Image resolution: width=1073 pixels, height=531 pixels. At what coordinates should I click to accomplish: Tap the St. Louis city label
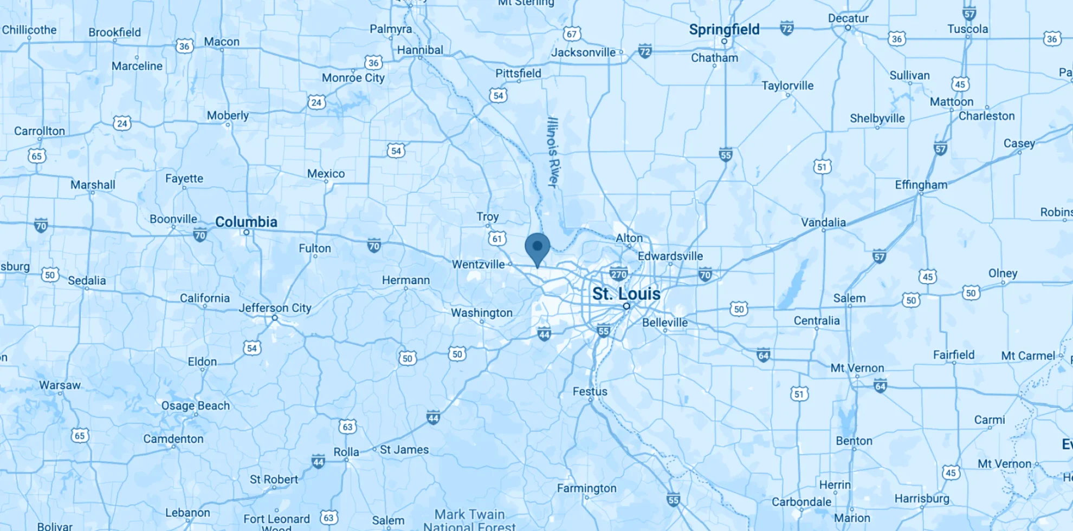(626, 294)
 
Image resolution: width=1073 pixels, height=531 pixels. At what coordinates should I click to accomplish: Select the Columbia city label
(246, 222)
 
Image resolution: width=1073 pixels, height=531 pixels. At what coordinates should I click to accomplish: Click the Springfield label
(724, 29)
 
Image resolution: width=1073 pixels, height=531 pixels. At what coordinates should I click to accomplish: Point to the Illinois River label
(552, 153)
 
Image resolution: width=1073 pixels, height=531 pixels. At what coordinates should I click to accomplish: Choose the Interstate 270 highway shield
(618, 274)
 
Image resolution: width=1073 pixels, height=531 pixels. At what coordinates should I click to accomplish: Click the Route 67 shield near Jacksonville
(572, 34)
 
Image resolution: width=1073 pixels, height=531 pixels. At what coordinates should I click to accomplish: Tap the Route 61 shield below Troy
(497, 238)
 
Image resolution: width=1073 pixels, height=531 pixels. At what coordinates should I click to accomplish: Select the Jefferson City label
(275, 308)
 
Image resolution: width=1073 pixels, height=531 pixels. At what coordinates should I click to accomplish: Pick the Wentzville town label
(478, 264)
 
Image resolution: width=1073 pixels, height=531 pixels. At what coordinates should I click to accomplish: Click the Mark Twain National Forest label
(469, 520)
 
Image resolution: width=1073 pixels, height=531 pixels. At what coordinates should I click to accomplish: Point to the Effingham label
(921, 185)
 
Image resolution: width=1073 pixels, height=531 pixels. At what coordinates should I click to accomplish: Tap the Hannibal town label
(420, 50)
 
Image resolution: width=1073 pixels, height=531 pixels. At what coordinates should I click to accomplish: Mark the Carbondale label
(801, 502)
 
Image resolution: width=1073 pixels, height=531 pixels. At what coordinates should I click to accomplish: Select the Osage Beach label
(196, 405)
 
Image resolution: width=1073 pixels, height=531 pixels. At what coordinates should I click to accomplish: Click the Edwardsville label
(670, 256)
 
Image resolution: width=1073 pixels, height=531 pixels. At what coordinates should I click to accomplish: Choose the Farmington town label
(586, 488)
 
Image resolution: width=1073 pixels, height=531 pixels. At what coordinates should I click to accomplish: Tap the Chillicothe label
(29, 30)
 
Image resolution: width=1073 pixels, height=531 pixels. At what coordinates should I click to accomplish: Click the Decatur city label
(848, 18)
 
